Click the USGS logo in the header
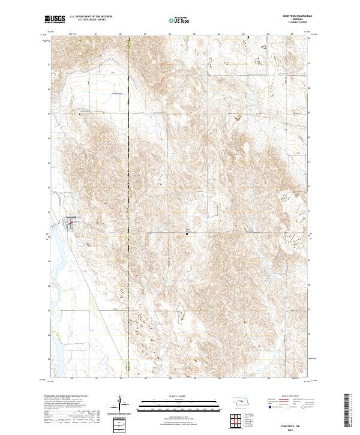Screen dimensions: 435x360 click(55, 20)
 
